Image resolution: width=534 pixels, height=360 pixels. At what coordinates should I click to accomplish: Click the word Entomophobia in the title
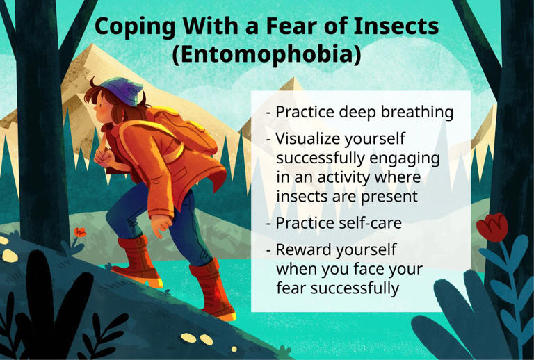click(268, 54)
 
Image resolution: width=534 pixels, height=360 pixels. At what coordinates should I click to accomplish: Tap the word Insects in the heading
click(396, 26)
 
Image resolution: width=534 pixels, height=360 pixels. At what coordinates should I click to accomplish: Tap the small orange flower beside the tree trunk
click(80, 232)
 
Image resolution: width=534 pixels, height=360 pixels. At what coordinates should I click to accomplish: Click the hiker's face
click(104, 109)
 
